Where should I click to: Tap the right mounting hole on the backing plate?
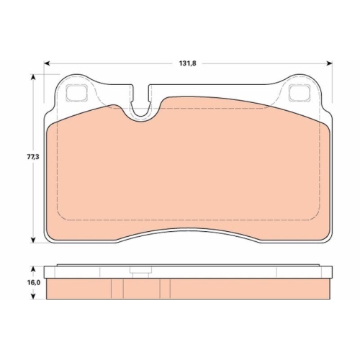click(297, 92)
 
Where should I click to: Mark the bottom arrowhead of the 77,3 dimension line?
click(33, 240)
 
